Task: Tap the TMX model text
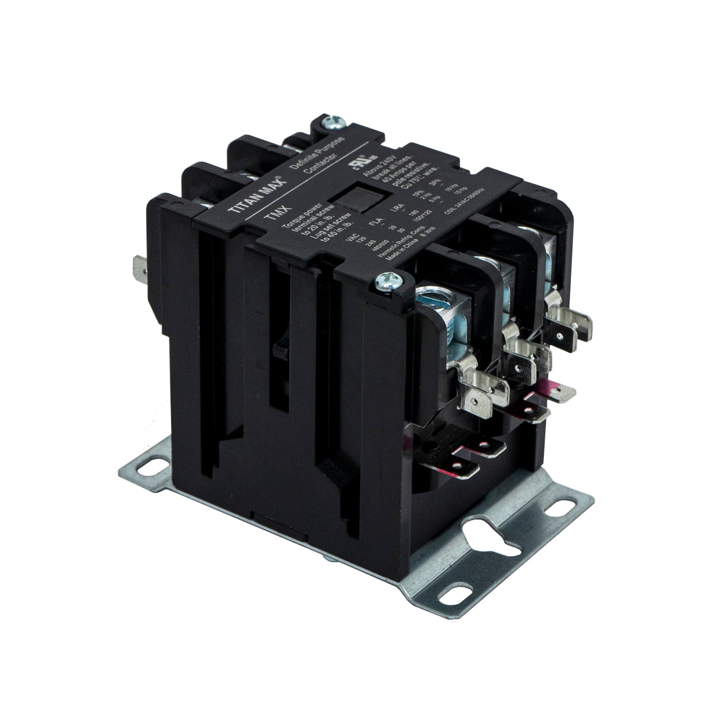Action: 272,218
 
